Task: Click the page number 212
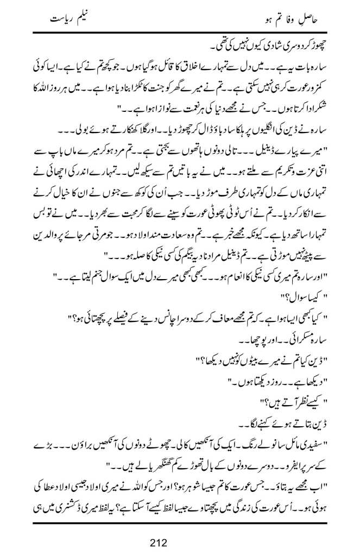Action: tap(180, 541)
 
